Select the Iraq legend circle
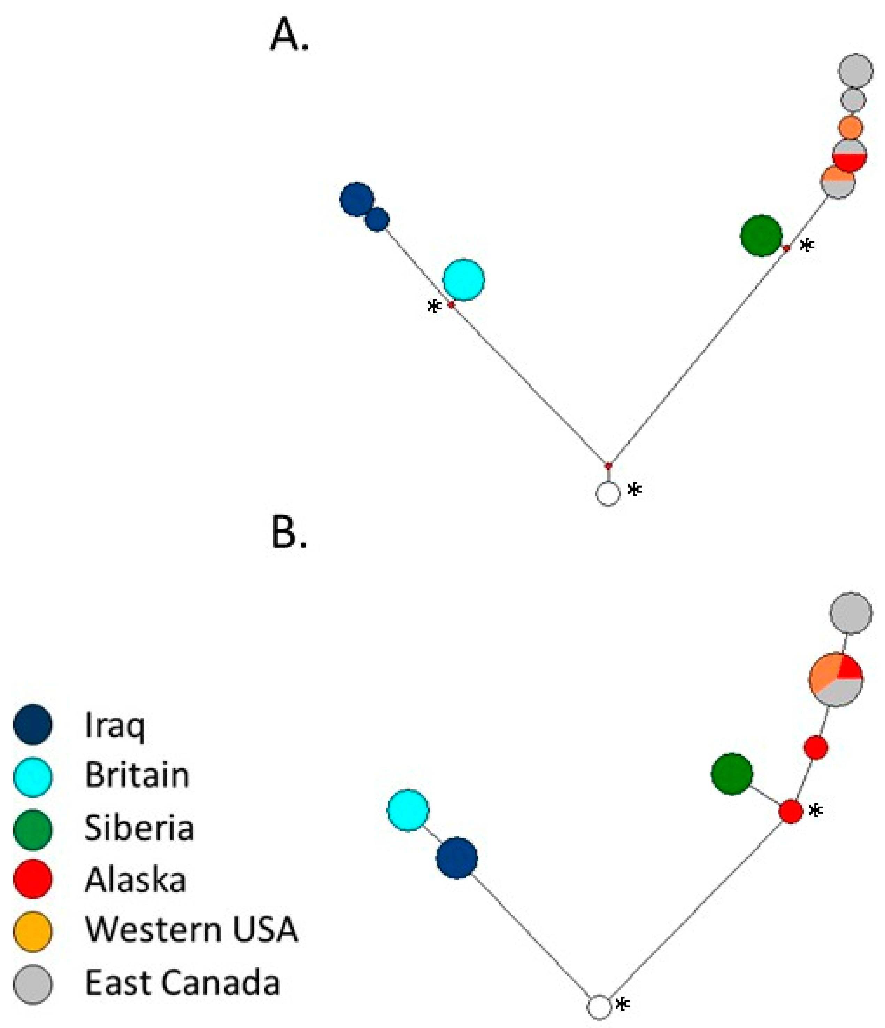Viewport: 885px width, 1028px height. click(33, 724)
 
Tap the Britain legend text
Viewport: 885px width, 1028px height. click(137, 775)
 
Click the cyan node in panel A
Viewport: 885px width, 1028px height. click(463, 280)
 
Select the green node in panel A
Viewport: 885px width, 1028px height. click(761, 236)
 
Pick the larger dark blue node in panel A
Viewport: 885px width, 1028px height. click(356, 199)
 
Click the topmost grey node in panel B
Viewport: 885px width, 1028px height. click(851, 613)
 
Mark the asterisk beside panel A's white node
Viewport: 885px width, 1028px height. click(634, 489)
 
